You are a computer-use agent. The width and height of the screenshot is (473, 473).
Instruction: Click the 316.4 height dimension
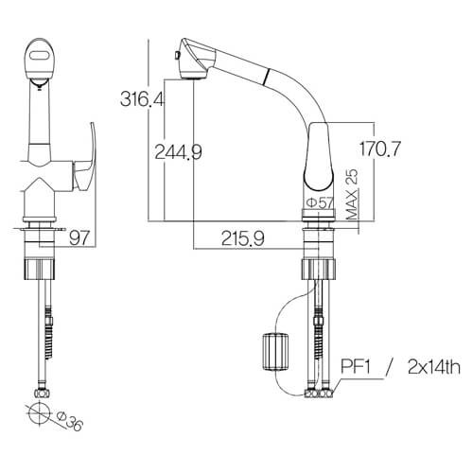[x=142, y=98]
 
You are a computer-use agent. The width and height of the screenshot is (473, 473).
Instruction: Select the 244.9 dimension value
[x=178, y=152]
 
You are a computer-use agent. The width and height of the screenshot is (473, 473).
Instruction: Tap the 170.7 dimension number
[x=380, y=149]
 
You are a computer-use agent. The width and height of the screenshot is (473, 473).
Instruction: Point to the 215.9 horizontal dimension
[x=243, y=238]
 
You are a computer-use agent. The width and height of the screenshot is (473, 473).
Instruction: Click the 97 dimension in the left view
[x=79, y=237]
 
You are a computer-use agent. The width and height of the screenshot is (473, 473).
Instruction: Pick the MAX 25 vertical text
[x=352, y=194]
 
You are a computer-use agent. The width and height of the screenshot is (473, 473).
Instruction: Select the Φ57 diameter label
[x=320, y=202]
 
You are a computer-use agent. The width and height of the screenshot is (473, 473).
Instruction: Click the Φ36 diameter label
[x=70, y=422]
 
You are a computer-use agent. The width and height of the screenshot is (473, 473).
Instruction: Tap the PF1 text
[x=356, y=367]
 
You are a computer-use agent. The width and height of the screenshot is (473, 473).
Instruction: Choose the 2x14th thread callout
[x=434, y=367]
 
